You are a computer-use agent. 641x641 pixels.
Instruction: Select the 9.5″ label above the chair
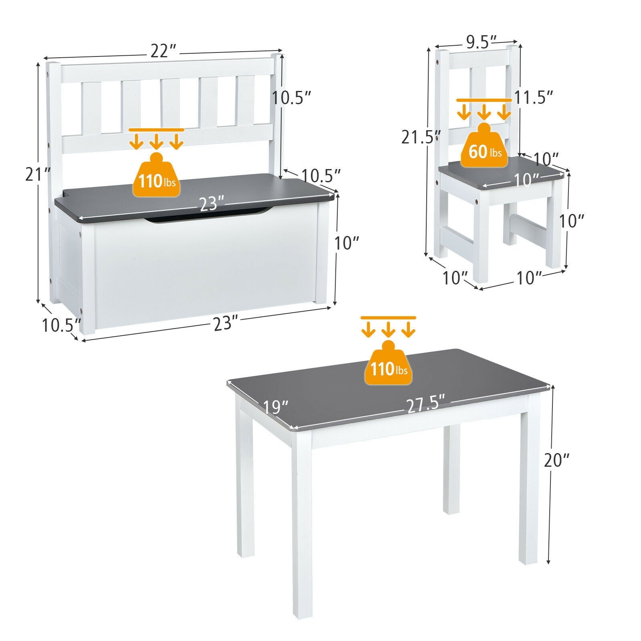pyautogui.click(x=476, y=42)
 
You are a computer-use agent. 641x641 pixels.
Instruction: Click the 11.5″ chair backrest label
pyautogui.click(x=534, y=98)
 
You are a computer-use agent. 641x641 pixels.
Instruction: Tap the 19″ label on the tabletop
pyautogui.click(x=276, y=407)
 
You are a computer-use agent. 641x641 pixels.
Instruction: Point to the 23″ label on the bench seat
pyautogui.click(x=209, y=204)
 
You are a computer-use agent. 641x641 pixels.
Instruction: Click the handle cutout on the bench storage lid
pyautogui.click(x=208, y=219)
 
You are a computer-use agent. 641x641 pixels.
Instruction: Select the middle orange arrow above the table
pyautogui.click(x=388, y=329)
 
